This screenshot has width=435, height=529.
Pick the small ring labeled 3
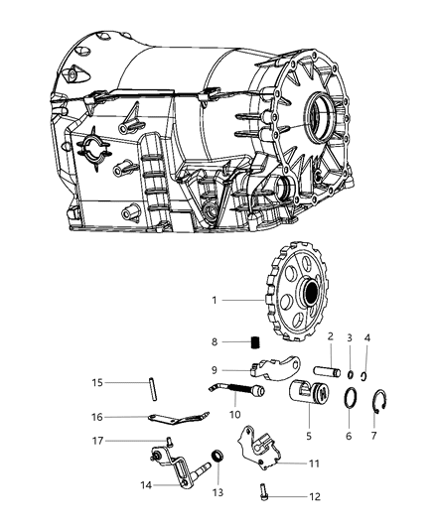[x=351, y=374]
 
